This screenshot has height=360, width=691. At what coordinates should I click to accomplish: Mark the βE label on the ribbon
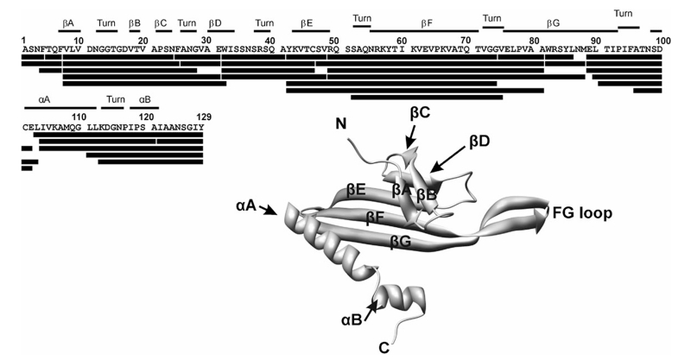(355, 186)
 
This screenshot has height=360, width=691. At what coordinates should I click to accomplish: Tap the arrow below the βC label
(411, 134)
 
